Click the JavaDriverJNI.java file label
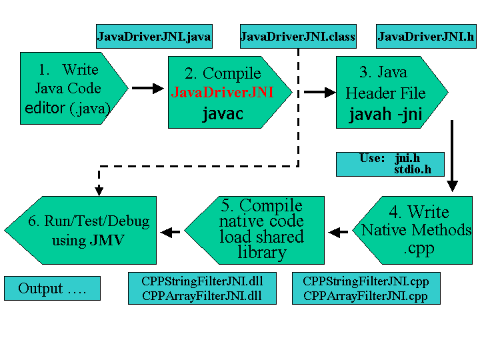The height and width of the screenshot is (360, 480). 154,37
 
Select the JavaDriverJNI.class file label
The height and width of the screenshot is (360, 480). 297,37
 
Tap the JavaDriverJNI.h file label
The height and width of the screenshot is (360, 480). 425,37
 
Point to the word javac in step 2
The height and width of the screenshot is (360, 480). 223,114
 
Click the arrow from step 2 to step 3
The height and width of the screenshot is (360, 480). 319,93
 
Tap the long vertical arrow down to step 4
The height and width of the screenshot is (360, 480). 453,157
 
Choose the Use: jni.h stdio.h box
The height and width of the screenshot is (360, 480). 390,164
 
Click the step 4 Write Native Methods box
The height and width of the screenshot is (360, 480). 417,229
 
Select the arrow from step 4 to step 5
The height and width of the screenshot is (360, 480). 339,232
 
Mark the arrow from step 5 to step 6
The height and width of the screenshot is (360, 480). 171,232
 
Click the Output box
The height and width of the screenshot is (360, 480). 52,289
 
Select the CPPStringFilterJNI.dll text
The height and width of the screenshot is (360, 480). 201,282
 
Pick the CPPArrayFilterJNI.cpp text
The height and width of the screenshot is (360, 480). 365,296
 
